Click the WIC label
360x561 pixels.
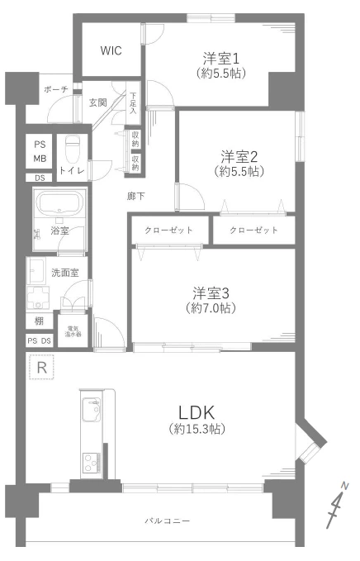click(x=111, y=51)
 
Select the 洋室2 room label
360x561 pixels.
click(x=239, y=156)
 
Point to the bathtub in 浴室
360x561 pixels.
click(x=59, y=203)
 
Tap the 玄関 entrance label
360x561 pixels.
click(x=97, y=102)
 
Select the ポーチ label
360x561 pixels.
click(x=45, y=88)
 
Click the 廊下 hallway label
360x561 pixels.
click(x=136, y=197)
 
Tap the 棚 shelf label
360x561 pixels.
click(x=39, y=321)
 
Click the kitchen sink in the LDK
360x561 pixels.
click(x=90, y=410)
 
